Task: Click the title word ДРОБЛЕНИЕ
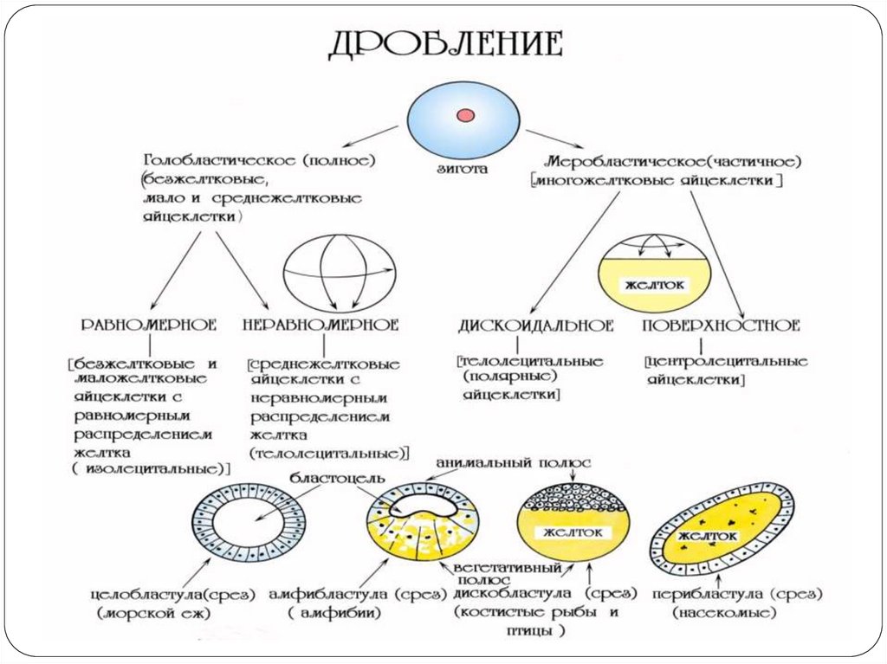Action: pos(446,43)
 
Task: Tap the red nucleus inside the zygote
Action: pos(465,113)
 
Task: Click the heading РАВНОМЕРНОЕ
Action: pos(148,326)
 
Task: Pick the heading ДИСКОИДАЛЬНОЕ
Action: pos(536,326)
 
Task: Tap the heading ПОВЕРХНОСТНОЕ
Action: pos(722,326)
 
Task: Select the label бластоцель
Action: pos(333,479)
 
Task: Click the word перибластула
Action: pos(720,596)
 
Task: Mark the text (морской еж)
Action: pos(155,614)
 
